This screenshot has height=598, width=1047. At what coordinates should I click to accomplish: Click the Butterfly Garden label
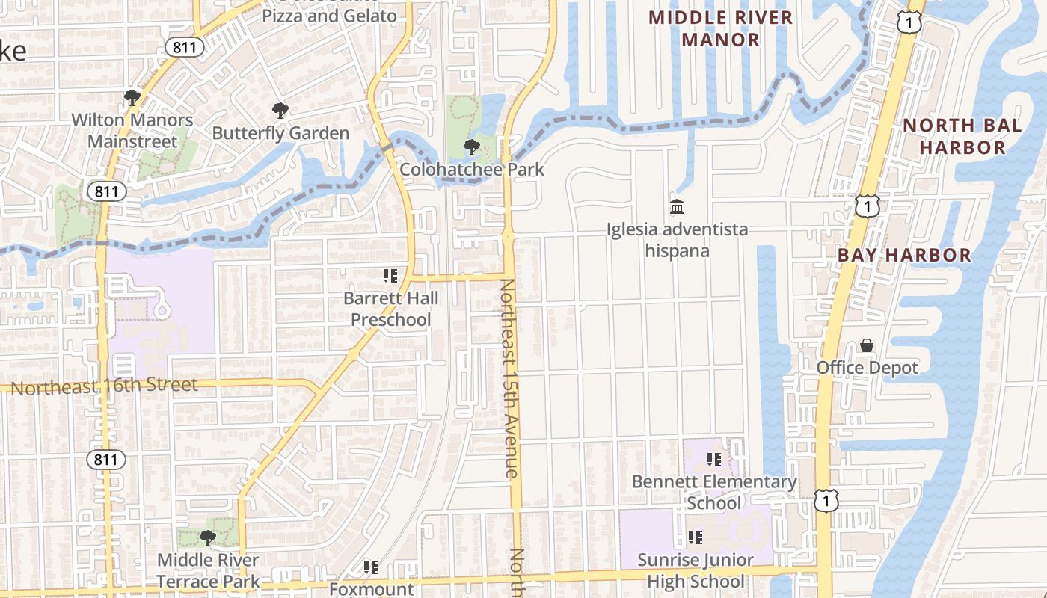(x=280, y=133)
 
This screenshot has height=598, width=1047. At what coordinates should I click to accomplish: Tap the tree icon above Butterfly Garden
(x=280, y=111)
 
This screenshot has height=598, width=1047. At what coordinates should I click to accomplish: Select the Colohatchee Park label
(x=471, y=169)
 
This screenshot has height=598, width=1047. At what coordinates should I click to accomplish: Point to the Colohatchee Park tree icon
(x=471, y=147)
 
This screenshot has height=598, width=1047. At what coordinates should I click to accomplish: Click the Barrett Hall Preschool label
(x=390, y=309)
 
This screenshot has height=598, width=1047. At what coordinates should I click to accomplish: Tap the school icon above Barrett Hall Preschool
(x=390, y=276)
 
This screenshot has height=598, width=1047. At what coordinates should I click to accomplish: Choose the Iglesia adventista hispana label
(x=677, y=239)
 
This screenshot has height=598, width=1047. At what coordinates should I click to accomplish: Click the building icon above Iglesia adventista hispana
(x=677, y=206)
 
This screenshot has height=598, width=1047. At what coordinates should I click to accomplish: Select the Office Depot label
(x=867, y=368)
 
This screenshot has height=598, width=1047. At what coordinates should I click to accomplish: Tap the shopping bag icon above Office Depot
(x=867, y=345)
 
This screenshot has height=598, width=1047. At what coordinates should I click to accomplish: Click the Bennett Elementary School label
(x=714, y=492)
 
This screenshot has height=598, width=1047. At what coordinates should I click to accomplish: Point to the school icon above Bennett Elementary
(x=714, y=460)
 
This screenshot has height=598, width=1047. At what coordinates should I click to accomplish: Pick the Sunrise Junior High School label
(x=696, y=570)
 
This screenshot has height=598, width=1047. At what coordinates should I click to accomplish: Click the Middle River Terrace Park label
(x=208, y=570)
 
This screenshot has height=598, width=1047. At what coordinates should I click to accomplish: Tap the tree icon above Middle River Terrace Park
(x=208, y=537)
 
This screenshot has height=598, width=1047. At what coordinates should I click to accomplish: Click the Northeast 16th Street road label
(x=104, y=386)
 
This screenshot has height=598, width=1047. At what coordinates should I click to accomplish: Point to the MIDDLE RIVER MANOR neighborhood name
(x=720, y=28)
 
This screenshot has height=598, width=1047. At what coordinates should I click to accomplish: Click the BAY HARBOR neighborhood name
(x=904, y=255)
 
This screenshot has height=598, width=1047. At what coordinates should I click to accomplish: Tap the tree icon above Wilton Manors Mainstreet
(x=132, y=97)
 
